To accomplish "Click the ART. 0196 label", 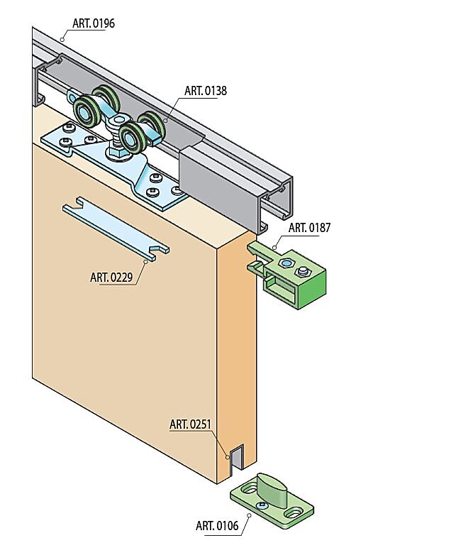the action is point(94,23).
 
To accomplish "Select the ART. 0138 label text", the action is point(205,91).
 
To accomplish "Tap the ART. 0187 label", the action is point(309,228).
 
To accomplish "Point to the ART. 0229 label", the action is point(111,277).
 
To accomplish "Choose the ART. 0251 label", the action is point(190,424).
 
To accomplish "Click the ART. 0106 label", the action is point(217,526).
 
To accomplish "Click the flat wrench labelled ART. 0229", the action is point(116,229).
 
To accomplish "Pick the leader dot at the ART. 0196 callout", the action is point(62,39).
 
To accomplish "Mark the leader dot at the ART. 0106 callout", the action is point(249,516).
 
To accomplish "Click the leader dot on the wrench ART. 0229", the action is point(145,262).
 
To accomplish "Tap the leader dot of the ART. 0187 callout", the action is point(274,248).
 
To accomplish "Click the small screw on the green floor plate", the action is point(262,505).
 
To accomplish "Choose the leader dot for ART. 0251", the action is point(228,457).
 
